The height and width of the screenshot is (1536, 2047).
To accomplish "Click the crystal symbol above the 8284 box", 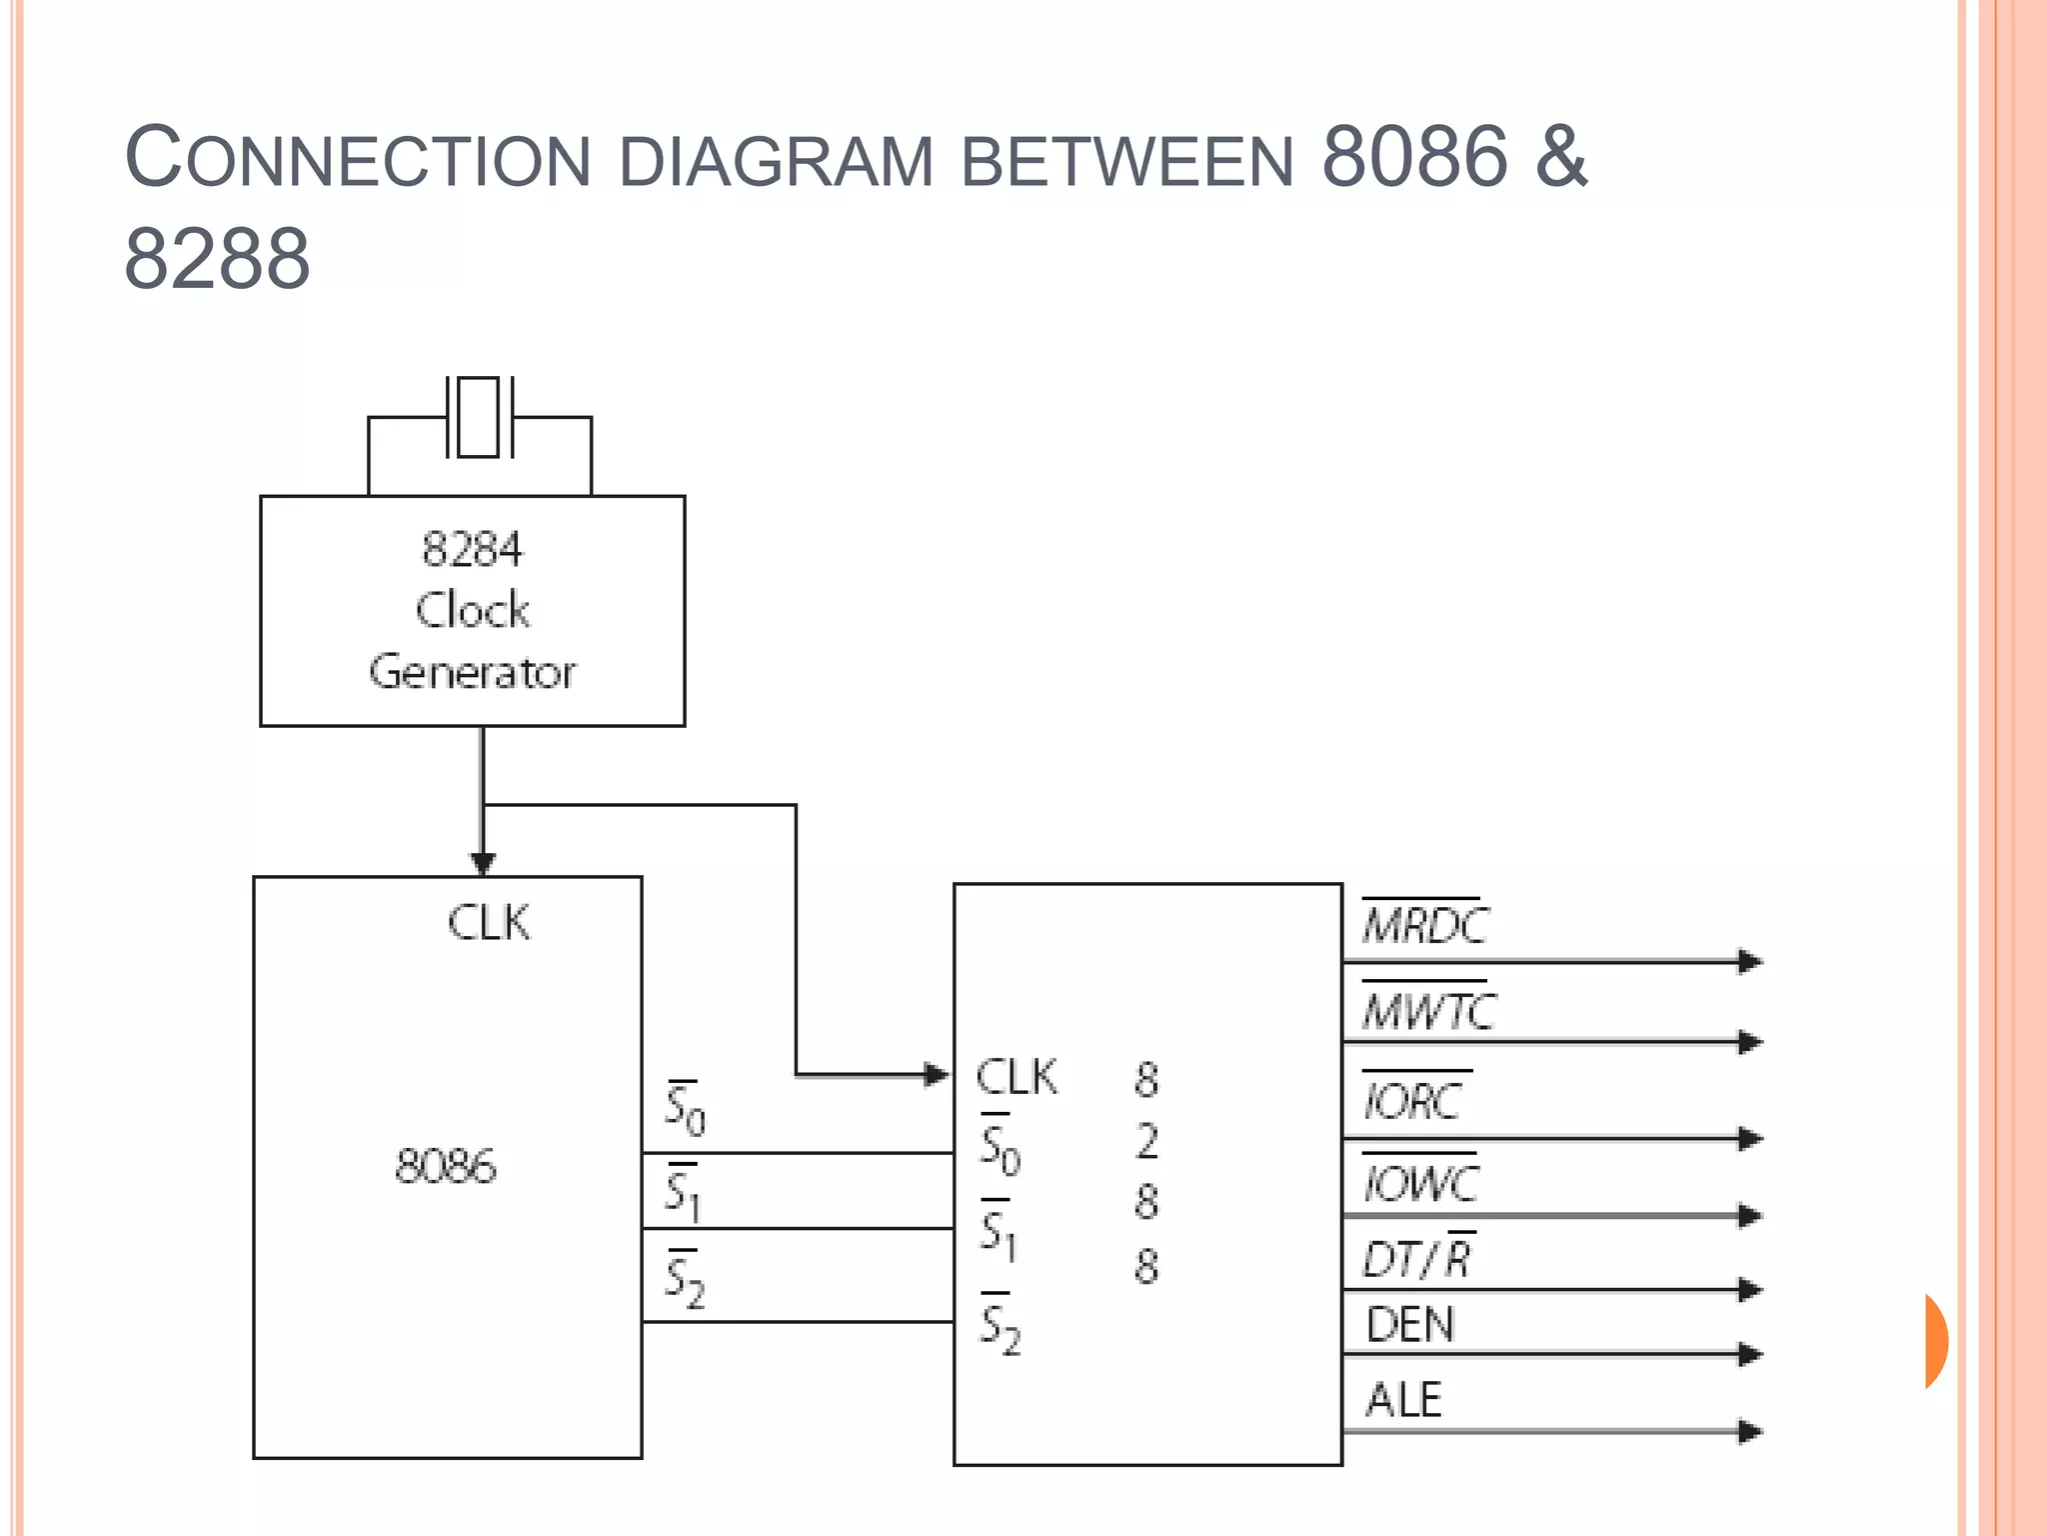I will tap(479, 417).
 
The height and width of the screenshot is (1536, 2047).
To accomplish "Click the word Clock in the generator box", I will tap(473, 610).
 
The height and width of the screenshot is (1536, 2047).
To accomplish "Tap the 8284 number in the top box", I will tap(472, 549).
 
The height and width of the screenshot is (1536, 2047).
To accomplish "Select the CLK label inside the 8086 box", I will tap(488, 922).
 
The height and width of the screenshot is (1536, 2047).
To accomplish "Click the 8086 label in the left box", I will tap(446, 1166).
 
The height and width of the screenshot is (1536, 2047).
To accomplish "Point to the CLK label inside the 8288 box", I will tap(1016, 1077).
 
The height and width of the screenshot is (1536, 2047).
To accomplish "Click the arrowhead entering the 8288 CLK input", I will tap(937, 1075).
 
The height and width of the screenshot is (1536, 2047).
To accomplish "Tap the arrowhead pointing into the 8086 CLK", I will tap(483, 863).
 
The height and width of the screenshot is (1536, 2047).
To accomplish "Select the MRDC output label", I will tap(1424, 924).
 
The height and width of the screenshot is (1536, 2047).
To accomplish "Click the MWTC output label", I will tap(1428, 1010).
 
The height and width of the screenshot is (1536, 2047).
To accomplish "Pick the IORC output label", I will tap(1413, 1100).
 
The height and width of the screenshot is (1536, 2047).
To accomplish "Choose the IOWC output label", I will tap(1420, 1183).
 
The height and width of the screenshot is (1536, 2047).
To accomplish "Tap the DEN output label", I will tap(1409, 1325).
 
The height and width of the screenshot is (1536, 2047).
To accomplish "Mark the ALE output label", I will tap(1403, 1399).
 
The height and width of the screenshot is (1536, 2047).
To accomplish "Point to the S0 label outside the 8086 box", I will tap(685, 1109).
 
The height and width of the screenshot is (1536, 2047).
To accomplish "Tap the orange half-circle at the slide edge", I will tap(1936, 1341).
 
